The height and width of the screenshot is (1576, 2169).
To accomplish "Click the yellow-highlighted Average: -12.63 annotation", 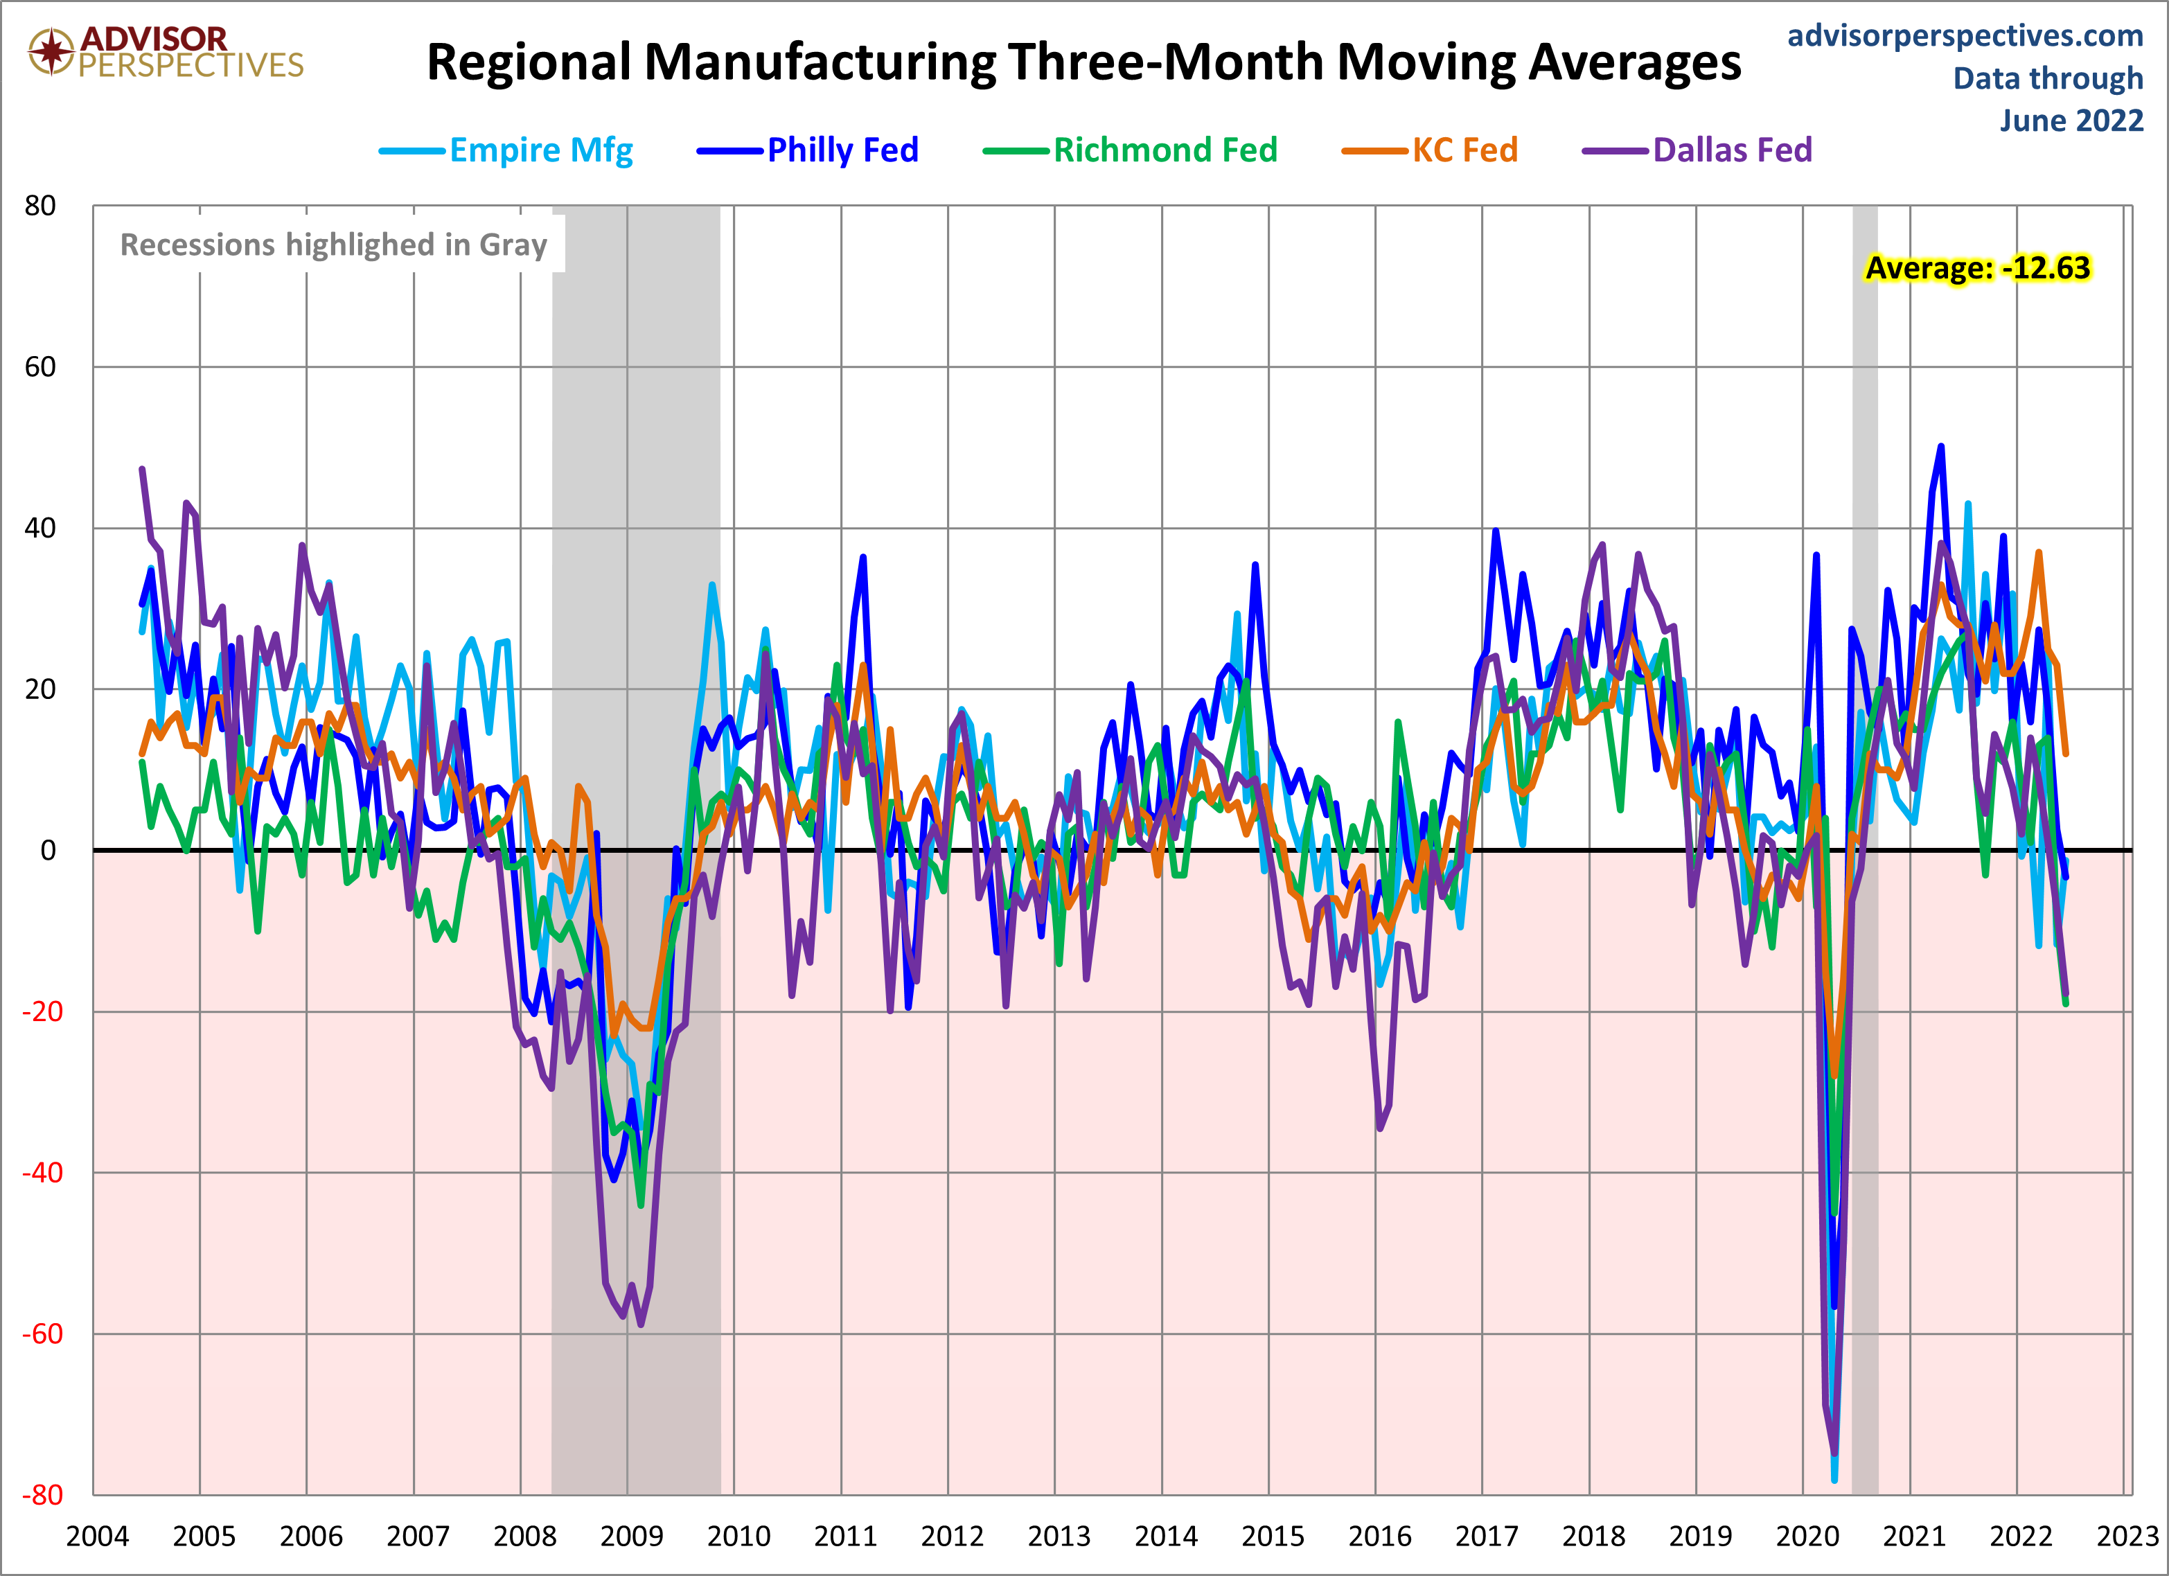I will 1977,268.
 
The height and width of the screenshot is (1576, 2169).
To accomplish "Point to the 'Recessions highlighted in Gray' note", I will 333,245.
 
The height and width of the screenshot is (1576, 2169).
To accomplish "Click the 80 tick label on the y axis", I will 40,206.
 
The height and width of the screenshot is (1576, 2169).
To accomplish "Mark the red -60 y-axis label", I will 42,1334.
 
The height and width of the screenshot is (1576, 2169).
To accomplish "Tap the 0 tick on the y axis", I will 48,850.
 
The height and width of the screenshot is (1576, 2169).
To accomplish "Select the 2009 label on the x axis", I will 631,1537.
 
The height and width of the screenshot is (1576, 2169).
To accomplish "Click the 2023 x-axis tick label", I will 2127,1537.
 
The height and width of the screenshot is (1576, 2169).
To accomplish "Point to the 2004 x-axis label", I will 96,1537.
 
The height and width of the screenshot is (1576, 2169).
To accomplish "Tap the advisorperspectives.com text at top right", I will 1965,35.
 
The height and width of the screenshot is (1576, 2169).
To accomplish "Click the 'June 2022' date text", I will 2071,121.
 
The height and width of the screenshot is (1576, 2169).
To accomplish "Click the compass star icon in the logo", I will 51,50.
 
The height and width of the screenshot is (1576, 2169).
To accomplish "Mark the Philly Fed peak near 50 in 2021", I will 1940,447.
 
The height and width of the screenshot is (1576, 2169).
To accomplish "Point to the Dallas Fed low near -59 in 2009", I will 640,1325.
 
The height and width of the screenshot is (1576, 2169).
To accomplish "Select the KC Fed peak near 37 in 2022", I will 2039,552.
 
